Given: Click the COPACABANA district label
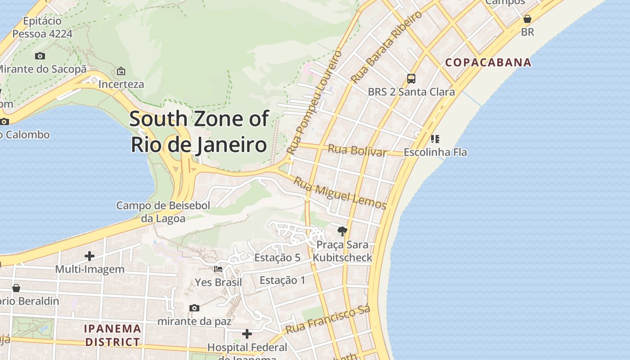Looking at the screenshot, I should (488, 63).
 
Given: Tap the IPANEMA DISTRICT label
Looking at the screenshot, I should (112, 335).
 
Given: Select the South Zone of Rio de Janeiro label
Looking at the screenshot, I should (199, 132).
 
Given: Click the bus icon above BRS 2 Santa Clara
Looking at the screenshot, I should (411, 79).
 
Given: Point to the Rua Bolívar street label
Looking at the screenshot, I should (357, 150).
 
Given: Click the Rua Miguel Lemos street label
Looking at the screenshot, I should (340, 193).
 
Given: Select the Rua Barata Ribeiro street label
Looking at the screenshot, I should (387, 47).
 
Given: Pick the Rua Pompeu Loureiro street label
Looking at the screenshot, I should (315, 103).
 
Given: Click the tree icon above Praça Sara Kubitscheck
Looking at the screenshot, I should (342, 231).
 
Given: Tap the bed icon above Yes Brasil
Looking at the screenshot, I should (218, 269).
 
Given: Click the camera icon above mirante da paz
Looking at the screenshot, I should (194, 308).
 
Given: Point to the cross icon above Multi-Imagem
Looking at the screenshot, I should (90, 256).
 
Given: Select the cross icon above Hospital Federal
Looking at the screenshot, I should (247, 334).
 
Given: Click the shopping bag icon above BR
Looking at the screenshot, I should (527, 19).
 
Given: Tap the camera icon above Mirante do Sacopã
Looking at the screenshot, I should (40, 56).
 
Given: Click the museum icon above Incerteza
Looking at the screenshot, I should (121, 71).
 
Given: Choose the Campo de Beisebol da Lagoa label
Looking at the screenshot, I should (163, 212).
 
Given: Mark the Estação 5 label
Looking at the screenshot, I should (277, 258).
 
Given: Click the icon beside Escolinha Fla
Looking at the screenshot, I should (435, 139).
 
